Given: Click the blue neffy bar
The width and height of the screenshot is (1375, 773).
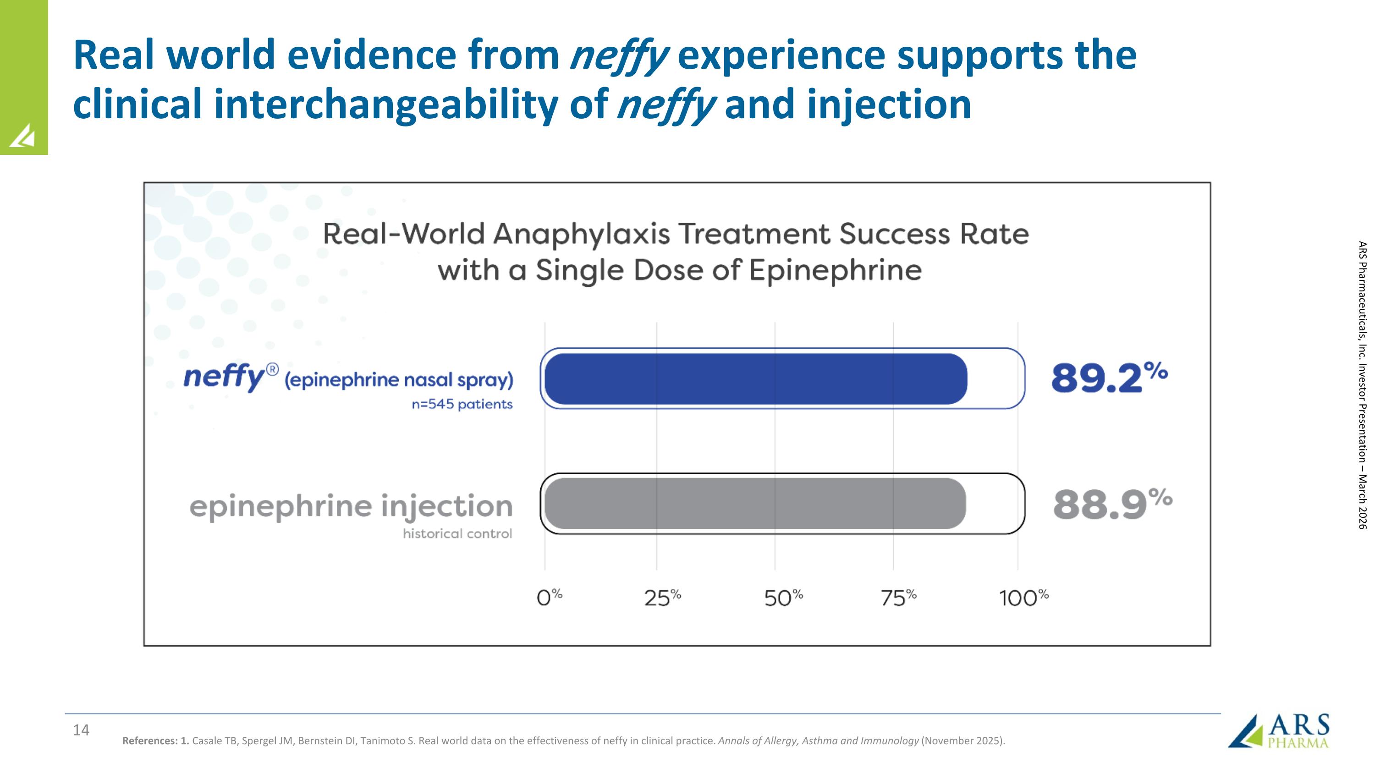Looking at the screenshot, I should [x=755, y=379].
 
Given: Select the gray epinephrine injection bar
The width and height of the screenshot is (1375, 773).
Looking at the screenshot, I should [x=755, y=504].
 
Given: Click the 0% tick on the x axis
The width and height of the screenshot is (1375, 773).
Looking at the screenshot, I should [x=549, y=598].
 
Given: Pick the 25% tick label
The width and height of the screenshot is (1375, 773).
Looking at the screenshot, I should [x=662, y=598].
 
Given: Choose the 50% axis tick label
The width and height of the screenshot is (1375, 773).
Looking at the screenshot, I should [x=783, y=598].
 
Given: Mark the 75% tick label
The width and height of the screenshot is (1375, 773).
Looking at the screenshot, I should [x=898, y=598].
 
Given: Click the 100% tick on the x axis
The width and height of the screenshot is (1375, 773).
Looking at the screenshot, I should [x=1023, y=598].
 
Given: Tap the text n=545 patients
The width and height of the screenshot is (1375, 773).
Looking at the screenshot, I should [x=462, y=405].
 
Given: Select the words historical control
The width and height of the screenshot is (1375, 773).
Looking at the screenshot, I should [x=457, y=533].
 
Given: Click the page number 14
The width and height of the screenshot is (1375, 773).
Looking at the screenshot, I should [x=81, y=730].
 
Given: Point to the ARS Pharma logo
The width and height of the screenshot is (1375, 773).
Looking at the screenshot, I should [x=1278, y=731].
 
